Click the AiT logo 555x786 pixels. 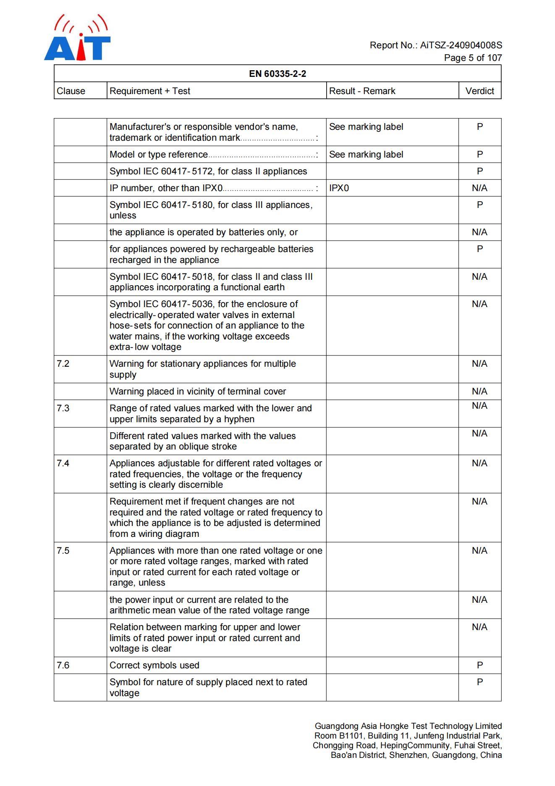77,39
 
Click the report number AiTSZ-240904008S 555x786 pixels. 461,45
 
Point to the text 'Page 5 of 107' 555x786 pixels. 473,58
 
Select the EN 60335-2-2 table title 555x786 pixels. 277,74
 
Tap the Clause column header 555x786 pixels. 71,91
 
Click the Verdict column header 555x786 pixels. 479,91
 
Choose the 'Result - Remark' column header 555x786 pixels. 362,91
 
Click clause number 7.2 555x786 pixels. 63,364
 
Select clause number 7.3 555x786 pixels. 63,408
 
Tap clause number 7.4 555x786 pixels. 63,463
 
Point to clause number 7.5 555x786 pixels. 63,551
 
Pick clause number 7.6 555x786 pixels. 63,665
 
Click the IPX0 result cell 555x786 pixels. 339,188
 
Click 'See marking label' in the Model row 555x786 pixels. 366,155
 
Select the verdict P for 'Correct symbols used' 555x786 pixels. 480,665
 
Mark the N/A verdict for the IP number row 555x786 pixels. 479,188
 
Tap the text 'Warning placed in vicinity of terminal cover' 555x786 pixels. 198,392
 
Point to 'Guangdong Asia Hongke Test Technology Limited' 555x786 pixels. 408,726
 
